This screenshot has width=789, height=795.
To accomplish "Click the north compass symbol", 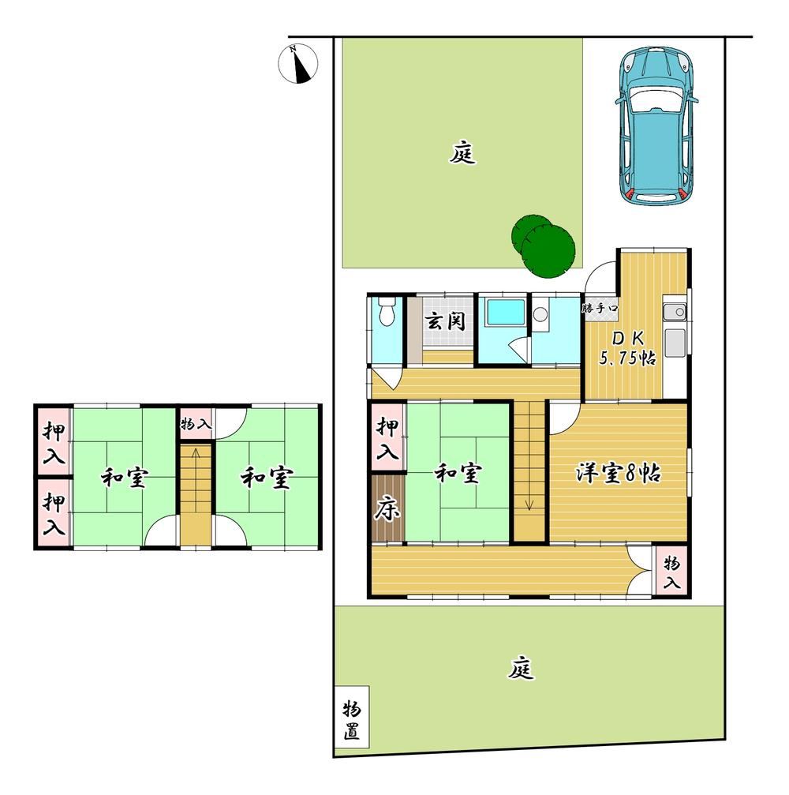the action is point(298,64).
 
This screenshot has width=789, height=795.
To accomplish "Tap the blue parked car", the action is point(656,126).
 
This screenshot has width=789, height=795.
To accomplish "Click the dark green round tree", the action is point(544,246).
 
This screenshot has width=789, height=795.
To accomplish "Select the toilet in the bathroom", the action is point(387,311).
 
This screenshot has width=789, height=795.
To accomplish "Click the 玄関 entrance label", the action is point(444,321).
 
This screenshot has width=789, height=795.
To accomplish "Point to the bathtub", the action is point(505,313).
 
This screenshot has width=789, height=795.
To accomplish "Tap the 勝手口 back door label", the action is point(600,308).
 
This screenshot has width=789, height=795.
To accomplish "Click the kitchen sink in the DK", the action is point(674,313).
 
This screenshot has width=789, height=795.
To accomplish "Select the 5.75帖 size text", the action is point(626,358).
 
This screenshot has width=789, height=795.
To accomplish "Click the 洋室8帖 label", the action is point(618,474).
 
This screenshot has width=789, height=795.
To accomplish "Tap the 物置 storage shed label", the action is point(352,721).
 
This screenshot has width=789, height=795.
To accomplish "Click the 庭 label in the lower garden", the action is point(521,668).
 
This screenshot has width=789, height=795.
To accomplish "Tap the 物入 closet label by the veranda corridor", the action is point(671,572).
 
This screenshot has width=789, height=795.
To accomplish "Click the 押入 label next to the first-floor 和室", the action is point(387,439).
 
